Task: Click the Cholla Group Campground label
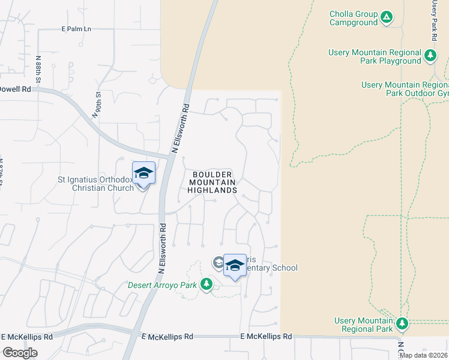(354, 18)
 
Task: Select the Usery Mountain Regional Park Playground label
(375, 56)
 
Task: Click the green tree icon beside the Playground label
(430, 56)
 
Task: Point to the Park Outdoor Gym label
(405, 89)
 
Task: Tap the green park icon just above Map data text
(402, 325)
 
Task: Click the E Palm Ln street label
(76, 28)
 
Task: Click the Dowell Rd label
(15, 89)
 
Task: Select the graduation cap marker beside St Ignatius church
(143, 173)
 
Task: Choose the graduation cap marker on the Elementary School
(235, 265)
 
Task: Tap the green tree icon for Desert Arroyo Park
(207, 283)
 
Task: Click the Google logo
(20, 352)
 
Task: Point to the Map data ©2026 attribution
(423, 355)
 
